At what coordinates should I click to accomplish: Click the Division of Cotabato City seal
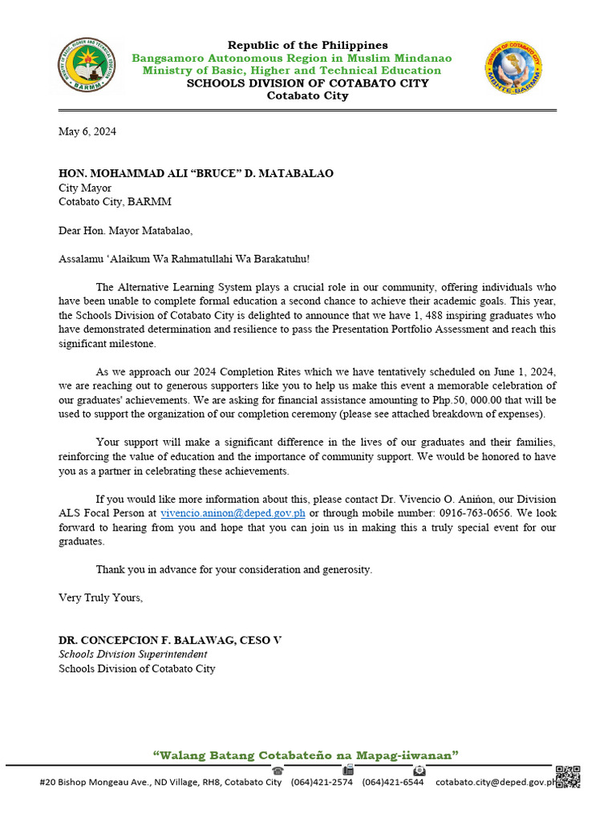[x=514, y=68]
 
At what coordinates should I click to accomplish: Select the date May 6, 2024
[x=87, y=132]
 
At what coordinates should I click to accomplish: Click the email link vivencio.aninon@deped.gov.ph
[x=233, y=513]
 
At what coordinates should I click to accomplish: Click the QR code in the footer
[x=568, y=777]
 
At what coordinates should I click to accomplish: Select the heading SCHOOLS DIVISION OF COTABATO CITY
[x=307, y=83]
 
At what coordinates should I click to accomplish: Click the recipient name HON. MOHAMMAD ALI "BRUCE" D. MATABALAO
[x=197, y=174]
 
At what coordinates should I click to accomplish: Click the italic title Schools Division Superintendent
[x=132, y=654]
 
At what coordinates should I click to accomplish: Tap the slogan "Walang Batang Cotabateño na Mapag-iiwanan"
[x=306, y=755]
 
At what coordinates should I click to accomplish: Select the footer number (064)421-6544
[x=393, y=783]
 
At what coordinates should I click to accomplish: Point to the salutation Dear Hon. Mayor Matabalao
[x=126, y=231]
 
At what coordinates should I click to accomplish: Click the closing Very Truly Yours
[x=101, y=597]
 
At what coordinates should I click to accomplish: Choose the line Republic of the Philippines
[x=307, y=46]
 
